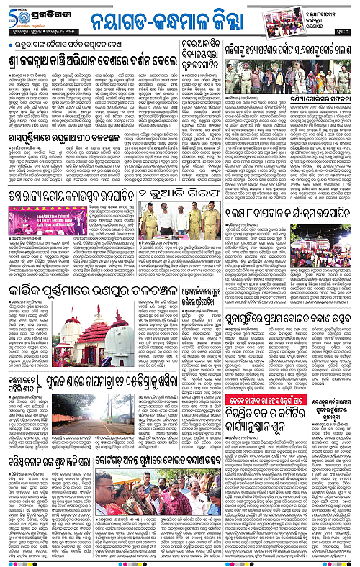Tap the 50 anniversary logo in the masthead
click(x=15, y=16)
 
